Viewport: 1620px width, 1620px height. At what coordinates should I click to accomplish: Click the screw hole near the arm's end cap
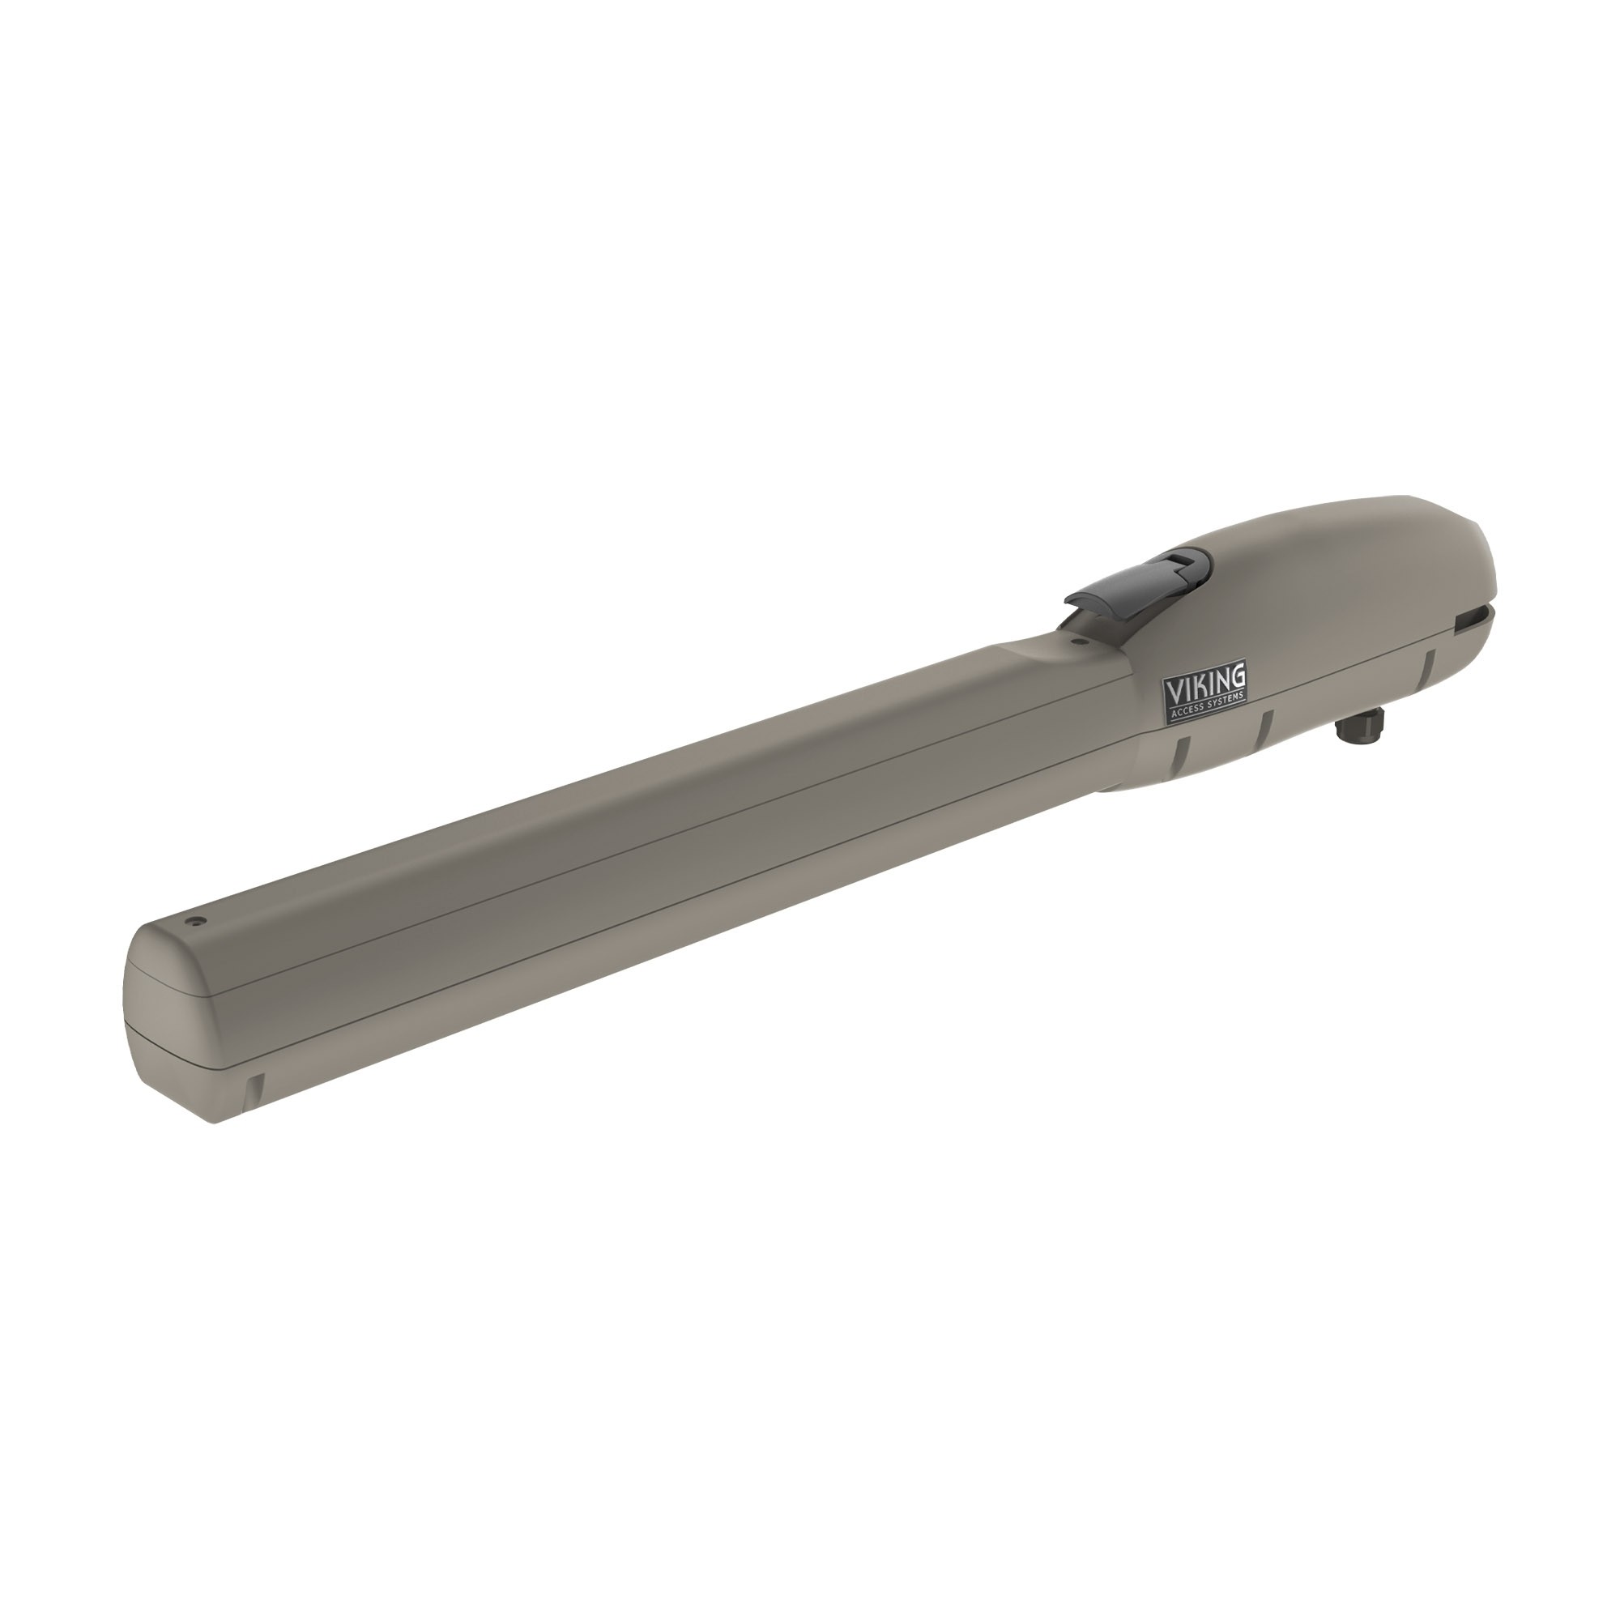point(197,921)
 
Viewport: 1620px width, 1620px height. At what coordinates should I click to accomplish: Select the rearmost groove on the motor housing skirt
point(1426,664)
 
